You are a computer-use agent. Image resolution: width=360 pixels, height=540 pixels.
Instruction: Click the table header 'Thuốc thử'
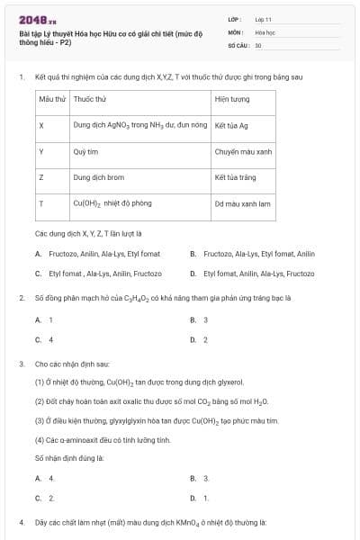[85, 98]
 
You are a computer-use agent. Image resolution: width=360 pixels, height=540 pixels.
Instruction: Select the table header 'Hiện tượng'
[232, 98]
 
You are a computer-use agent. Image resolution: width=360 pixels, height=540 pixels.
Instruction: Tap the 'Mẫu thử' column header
[53, 98]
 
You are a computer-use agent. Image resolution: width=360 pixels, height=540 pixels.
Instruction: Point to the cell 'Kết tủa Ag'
[231, 125]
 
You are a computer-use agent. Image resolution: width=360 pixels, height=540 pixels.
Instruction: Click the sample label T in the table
[41, 204]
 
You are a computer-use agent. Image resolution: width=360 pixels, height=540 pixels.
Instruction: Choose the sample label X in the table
[41, 125]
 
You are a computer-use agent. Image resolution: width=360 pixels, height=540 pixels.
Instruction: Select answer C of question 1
[99, 273]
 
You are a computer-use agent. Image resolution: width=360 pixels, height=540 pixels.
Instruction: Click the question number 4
[21, 522]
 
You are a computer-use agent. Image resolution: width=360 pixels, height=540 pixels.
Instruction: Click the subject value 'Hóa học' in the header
[265, 31]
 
